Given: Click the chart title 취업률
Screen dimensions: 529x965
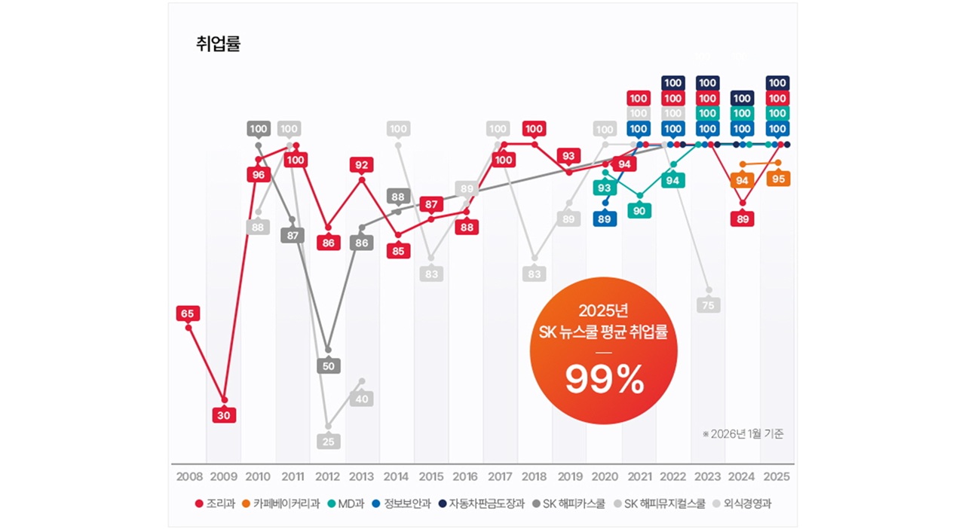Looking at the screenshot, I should [x=218, y=44].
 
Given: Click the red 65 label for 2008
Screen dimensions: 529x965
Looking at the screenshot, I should [x=188, y=313].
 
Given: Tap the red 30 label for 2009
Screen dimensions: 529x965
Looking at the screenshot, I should [x=224, y=415].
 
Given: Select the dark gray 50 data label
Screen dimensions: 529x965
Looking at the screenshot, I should [x=328, y=366].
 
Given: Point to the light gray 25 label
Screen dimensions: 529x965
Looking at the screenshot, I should [x=328, y=442].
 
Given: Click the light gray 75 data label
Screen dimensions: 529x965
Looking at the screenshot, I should [x=709, y=305].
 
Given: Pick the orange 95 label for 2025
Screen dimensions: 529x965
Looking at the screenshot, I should [x=779, y=179].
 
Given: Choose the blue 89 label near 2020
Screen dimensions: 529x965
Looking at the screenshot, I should [x=605, y=219].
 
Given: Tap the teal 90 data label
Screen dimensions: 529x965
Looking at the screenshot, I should [x=639, y=211].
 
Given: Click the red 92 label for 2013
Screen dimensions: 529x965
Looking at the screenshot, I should [x=362, y=164].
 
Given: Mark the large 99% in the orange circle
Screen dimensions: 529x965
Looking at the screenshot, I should [x=605, y=381].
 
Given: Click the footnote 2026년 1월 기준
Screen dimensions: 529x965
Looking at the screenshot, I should [x=743, y=434].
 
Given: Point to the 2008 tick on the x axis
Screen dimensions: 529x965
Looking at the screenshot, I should [x=189, y=477].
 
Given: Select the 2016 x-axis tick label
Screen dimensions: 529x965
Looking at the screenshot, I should [x=465, y=477].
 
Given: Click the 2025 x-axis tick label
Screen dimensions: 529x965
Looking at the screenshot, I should [x=777, y=477].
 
